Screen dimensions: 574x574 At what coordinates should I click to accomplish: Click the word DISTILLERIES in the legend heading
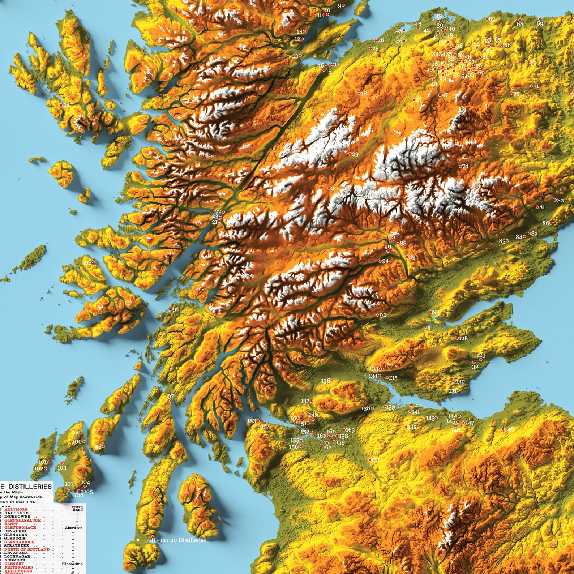click(x=29, y=487)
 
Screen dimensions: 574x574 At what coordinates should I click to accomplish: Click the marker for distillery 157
click(x=369, y=460)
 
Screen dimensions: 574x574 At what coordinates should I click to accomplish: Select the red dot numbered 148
click(x=503, y=429)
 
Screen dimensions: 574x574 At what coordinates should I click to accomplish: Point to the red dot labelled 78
click(x=460, y=166)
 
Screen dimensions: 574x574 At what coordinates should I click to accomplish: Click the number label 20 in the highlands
click(x=334, y=188)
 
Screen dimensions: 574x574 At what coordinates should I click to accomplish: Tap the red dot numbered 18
click(x=359, y=93)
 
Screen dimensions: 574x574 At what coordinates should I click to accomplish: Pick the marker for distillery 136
click(x=331, y=380)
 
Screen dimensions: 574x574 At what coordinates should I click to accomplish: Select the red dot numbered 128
click(x=457, y=338)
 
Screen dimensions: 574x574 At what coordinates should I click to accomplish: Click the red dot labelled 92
click(x=378, y=315)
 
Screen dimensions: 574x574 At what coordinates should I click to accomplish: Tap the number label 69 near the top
click(x=540, y=24)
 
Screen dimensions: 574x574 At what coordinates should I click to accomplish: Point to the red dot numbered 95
click(x=93, y=261)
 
